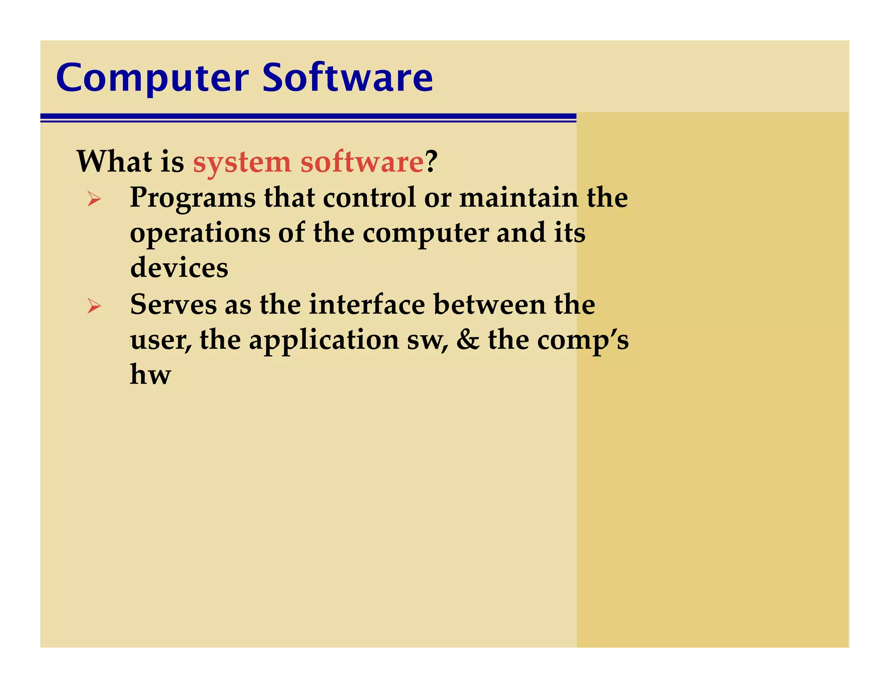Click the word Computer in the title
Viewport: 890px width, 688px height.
(153, 79)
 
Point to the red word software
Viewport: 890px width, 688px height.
(362, 162)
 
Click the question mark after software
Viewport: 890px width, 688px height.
(431, 161)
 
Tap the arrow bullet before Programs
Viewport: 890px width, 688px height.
(94, 199)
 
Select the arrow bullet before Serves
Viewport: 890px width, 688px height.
(94, 306)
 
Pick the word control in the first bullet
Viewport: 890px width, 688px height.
(369, 197)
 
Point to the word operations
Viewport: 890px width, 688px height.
(200, 234)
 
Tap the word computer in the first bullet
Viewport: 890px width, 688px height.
(425, 234)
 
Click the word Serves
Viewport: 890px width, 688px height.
(173, 304)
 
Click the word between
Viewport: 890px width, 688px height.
(489, 304)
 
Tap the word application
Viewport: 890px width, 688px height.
(324, 341)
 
